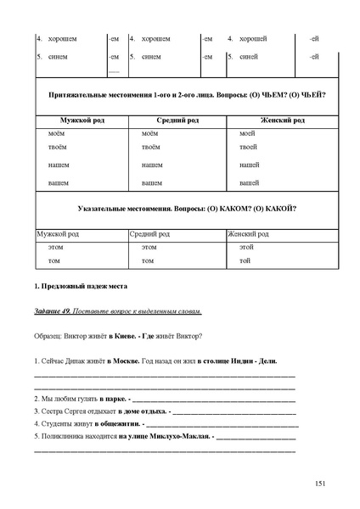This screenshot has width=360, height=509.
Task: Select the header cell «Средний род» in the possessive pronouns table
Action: [177, 120]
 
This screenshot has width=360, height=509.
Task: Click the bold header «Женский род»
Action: [283, 120]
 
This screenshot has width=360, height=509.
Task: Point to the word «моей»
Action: [247, 134]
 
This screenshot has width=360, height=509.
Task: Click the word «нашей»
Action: [249, 165]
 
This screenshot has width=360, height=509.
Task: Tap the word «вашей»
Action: [249, 182]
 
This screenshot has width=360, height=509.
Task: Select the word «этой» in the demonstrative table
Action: [247, 246]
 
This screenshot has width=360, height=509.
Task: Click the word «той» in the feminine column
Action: [245, 260]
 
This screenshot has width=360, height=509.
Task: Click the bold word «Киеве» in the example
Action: [121, 336]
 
